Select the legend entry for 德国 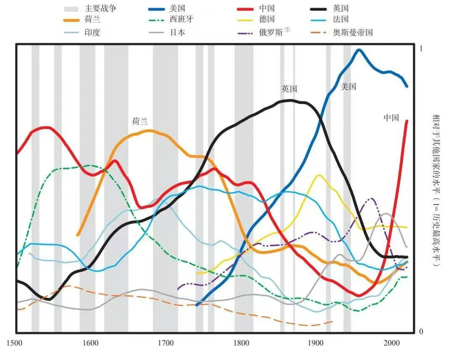(x=267, y=20)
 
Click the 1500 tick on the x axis (x=16, y=343)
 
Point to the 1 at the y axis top (x=421, y=49)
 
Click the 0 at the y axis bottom (x=421, y=331)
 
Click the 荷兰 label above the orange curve (x=140, y=122)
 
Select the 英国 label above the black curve (x=289, y=89)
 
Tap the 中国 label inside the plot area (x=391, y=118)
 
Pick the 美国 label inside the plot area (x=348, y=87)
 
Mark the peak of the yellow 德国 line (x=318, y=175)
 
